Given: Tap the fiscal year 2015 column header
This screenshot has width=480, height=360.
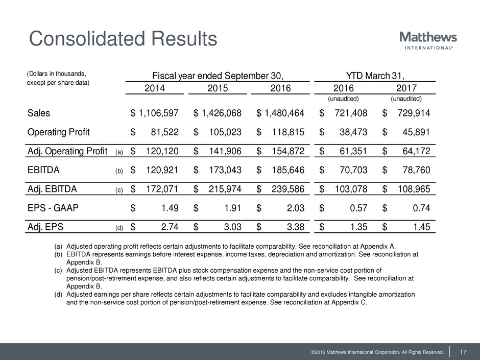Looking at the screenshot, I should (218, 88).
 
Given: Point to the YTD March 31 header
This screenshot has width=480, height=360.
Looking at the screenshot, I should (373, 76).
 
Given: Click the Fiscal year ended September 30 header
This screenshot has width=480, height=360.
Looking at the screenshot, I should (218, 76).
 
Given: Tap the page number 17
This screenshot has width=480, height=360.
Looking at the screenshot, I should (464, 351).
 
